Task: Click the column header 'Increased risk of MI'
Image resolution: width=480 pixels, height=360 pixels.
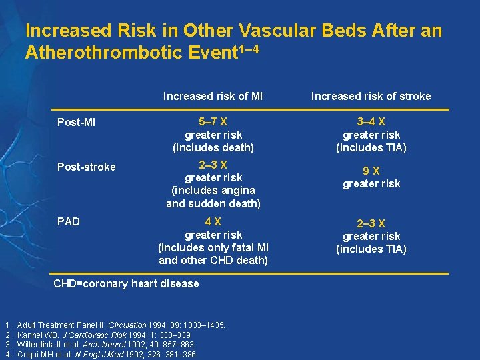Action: pos(213,96)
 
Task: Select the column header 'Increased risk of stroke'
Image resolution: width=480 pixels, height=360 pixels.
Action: pos(371,96)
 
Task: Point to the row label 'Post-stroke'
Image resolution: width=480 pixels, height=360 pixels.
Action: pos(86,167)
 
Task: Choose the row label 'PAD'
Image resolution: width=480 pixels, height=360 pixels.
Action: pos(68,221)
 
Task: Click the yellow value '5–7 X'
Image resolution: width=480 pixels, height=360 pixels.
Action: pos(213,122)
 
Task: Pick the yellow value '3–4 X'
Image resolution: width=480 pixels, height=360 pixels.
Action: pos(371,122)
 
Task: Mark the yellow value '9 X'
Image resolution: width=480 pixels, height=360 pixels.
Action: pos(371,171)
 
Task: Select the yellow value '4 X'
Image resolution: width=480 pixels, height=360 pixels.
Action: pos(213,221)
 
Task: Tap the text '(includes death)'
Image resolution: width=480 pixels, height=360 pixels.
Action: pos(213,147)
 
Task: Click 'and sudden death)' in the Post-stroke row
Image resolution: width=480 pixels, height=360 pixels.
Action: pos(213,203)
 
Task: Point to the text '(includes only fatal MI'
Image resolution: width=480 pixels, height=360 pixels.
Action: pos(213,247)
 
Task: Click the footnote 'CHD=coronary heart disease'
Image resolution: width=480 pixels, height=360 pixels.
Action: pos(126,283)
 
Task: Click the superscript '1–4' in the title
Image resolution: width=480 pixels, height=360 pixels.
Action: pos(245,49)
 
